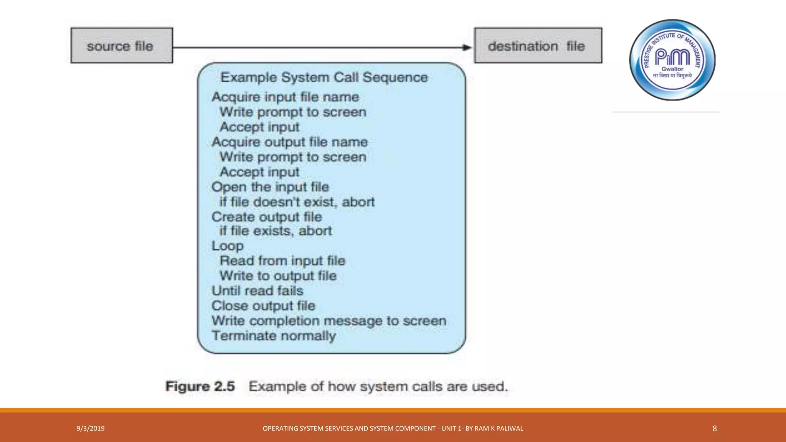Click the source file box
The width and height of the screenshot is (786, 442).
(x=122, y=46)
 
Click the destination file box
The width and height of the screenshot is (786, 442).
(x=538, y=46)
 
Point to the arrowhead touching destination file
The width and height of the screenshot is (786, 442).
(x=467, y=48)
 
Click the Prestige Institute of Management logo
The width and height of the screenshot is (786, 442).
(x=672, y=60)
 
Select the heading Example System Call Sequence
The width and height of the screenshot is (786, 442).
(x=324, y=78)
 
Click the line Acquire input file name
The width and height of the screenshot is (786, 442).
(x=285, y=97)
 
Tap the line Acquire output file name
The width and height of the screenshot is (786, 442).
(x=290, y=142)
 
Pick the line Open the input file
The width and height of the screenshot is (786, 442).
(x=270, y=187)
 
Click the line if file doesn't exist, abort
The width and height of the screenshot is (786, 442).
(x=297, y=202)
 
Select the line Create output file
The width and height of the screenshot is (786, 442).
(x=267, y=217)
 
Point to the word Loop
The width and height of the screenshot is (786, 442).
(x=228, y=246)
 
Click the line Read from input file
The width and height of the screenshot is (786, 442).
(x=282, y=261)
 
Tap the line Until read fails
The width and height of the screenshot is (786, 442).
(x=258, y=291)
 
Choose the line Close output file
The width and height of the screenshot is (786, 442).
(x=263, y=306)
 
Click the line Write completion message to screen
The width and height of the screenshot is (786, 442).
(x=329, y=321)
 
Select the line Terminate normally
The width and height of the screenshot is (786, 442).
(x=274, y=336)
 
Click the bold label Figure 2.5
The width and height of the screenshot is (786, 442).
(x=200, y=386)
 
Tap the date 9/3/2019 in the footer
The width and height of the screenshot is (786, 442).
(x=91, y=429)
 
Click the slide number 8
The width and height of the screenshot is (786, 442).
(x=715, y=429)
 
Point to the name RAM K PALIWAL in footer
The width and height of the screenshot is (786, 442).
(x=499, y=429)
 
